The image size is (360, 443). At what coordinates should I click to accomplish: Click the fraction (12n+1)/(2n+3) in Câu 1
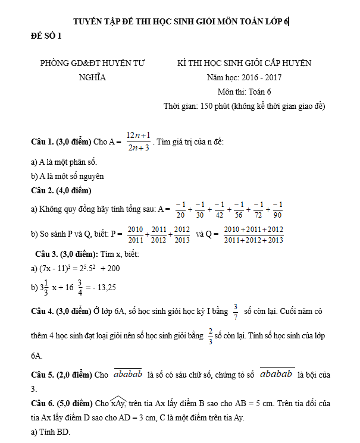click(x=138, y=142)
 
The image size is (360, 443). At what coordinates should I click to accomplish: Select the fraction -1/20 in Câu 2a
click(x=181, y=209)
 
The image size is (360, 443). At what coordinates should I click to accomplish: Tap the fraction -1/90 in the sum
click(x=277, y=209)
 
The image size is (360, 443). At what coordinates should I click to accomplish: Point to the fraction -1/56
click(x=239, y=209)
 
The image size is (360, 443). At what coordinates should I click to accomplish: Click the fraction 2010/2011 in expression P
click(x=135, y=234)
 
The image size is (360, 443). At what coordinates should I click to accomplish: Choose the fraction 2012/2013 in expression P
click(x=181, y=234)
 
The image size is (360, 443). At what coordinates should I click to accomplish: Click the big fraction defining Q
click(x=254, y=234)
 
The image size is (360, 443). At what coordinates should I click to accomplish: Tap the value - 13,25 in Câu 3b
click(x=102, y=288)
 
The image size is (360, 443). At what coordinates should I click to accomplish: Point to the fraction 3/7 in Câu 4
click(x=236, y=311)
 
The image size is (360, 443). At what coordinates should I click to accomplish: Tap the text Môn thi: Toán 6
click(x=244, y=92)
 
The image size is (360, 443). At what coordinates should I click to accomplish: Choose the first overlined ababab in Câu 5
click(x=127, y=374)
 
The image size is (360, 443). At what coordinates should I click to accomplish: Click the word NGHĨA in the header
click(x=92, y=77)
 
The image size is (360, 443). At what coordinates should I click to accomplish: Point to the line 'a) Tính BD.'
click(x=50, y=432)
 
